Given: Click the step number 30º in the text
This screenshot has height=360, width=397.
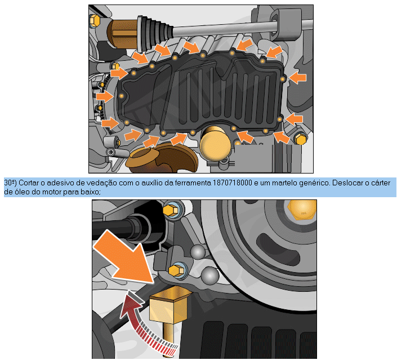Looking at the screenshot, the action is coord(10,183).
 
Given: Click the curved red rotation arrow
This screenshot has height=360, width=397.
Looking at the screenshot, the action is coord(144,324).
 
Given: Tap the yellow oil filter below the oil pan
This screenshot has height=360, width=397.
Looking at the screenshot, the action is coord(216,144).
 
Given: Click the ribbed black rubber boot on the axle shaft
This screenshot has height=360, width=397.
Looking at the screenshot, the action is coord(154,33).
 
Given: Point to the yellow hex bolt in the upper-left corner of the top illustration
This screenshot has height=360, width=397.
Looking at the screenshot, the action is coord(95,20).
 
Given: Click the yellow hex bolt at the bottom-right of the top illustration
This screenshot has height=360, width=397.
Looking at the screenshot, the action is coord(301,139).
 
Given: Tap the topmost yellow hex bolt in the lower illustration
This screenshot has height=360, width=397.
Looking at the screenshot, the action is coord(171,209).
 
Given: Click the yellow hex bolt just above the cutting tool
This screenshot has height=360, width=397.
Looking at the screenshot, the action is coord(177,270).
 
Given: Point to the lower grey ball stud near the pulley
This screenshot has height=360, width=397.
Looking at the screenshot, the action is coord(210,275).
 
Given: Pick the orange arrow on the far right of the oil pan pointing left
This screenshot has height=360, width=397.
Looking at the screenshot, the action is coord(298,78).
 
